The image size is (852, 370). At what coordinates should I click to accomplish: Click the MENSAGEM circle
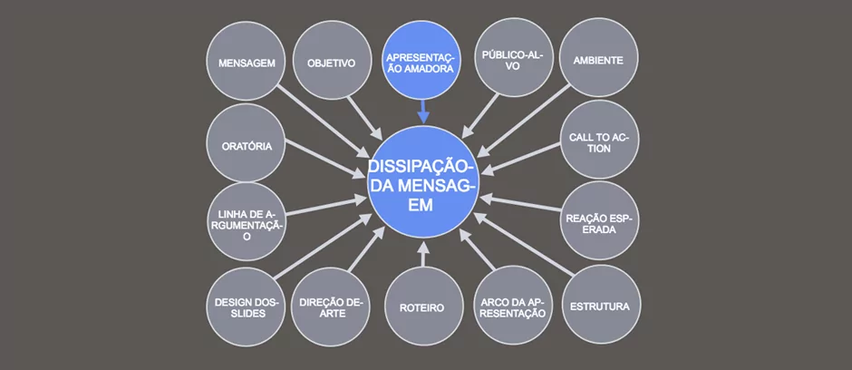(247, 63)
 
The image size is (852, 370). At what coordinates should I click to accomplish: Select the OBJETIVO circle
(331, 63)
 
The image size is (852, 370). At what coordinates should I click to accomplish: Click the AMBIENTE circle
(598, 61)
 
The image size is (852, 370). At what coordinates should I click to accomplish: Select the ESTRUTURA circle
(600, 306)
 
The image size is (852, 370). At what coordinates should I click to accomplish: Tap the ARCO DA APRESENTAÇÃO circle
(512, 306)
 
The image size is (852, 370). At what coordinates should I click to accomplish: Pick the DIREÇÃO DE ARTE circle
(333, 307)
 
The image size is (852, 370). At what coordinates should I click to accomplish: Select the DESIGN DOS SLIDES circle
(247, 307)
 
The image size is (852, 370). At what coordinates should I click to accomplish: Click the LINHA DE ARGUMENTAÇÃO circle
(247, 223)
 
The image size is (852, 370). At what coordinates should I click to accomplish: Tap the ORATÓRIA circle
(247, 145)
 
